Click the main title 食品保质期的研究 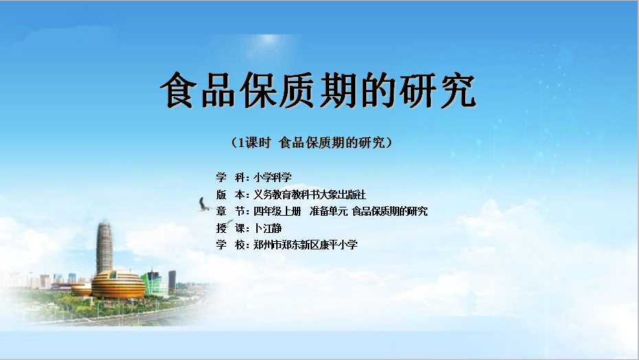click(318, 90)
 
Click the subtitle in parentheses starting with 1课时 click(312, 142)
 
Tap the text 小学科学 click(273, 177)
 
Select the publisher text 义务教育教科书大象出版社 click(310, 194)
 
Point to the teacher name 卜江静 click(268, 228)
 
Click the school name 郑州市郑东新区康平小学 click(306, 245)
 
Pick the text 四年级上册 click(277, 211)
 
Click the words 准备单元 click(328, 211)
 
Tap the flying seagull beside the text click(205, 205)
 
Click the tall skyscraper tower click(104, 247)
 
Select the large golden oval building click(118, 284)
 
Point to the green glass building click(155, 282)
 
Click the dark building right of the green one click(172, 280)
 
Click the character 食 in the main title click(178, 90)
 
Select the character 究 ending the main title click(458, 90)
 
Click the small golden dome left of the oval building click(82, 289)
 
